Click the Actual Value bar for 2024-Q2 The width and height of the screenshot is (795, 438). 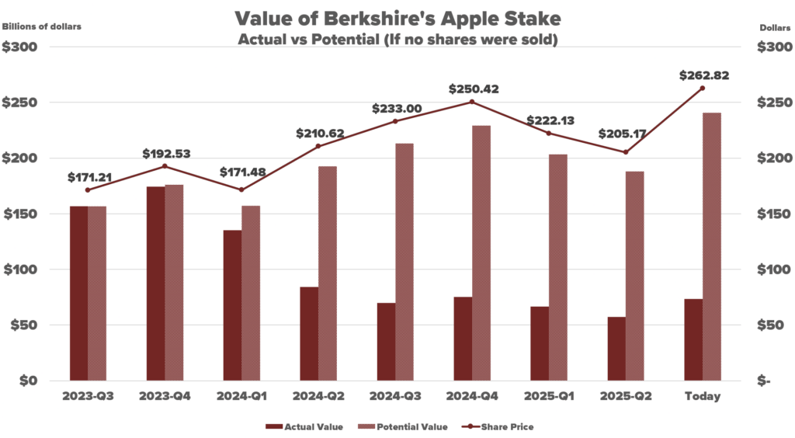[309, 334]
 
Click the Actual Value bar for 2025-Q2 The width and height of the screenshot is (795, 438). [616, 349]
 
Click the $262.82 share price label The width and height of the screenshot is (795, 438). [703, 75]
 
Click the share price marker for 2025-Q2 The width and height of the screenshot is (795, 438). [626, 152]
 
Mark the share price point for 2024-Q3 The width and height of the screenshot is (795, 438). [395, 121]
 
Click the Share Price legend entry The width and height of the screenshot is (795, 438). [502, 426]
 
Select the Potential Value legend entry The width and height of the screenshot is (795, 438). [401, 426]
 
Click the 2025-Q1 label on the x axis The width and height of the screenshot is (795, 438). [549, 396]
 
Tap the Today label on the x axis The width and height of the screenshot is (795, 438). [703, 396]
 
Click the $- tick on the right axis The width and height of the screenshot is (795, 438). [765, 381]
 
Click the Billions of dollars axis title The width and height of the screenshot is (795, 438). [41, 26]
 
